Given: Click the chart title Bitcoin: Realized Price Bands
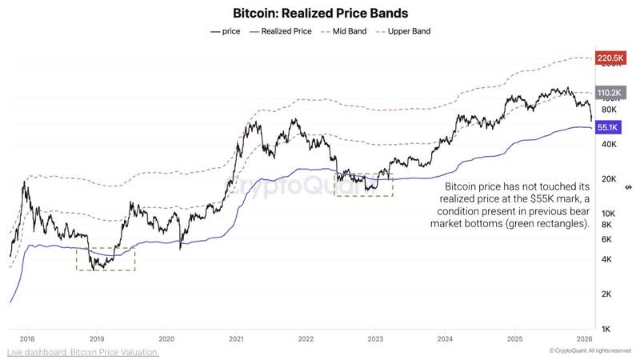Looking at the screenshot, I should point(320,14).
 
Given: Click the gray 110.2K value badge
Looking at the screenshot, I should point(610,93).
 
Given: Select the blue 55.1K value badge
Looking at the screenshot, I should point(609,127).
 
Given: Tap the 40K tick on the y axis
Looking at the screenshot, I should point(607,144).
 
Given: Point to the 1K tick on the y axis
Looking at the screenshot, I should point(606,330).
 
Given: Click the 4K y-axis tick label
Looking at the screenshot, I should point(606,259).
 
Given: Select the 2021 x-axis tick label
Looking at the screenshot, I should point(236,339).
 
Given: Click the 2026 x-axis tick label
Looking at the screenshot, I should point(584,339).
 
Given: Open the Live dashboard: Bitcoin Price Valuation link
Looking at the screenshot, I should point(83,352).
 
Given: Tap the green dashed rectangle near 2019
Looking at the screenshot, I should point(106,258).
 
